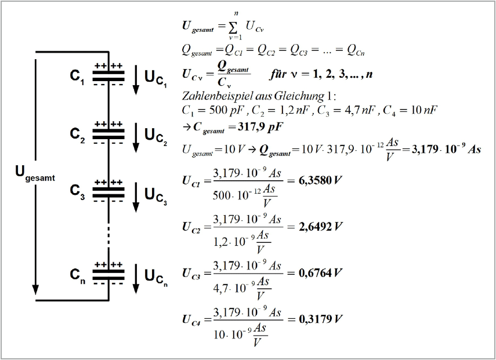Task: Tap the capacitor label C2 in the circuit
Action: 78,135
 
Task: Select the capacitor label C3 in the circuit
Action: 78,192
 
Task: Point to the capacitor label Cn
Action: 78,275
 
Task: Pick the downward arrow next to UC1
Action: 136,79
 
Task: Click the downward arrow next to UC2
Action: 136,138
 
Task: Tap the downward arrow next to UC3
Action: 136,197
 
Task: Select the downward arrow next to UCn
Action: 136,279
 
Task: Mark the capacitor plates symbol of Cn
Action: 108,275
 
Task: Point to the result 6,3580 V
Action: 320,180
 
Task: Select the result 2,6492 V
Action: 320,227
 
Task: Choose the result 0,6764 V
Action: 320,273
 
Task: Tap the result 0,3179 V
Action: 320,319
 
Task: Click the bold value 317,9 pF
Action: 260,127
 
